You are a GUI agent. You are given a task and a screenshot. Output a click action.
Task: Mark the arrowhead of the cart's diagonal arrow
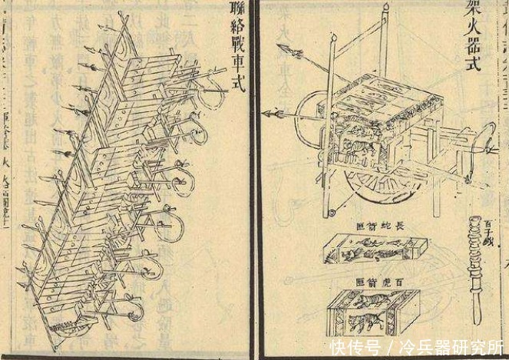click(289, 51)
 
